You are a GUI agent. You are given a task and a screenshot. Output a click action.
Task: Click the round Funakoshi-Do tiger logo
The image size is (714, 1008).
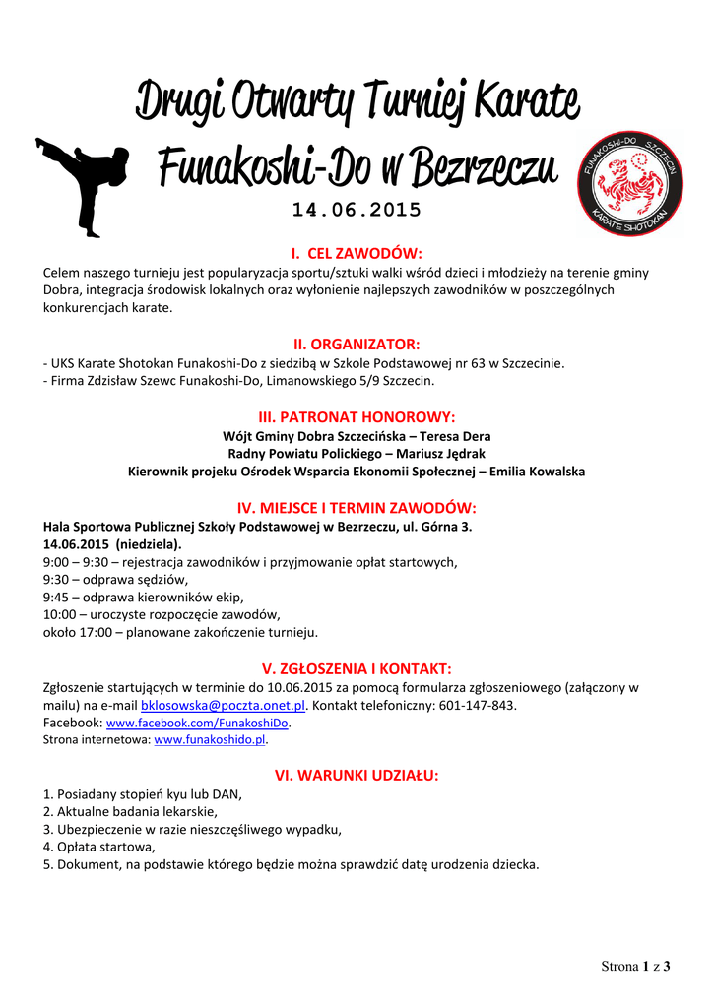[626, 182]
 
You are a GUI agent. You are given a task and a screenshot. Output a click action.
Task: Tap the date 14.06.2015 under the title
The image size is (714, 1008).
[357, 210]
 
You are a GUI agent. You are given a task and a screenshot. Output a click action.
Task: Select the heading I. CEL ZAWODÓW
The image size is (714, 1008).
[357, 253]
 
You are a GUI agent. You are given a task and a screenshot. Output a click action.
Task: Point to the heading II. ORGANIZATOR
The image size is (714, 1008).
[357, 344]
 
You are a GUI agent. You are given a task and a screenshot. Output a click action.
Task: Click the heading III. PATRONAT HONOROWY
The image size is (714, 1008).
[357, 416]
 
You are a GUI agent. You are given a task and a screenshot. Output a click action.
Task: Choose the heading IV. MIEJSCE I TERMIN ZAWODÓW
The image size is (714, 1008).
[357, 508]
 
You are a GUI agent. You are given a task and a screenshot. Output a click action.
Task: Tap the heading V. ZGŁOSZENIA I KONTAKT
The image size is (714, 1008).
[357, 668]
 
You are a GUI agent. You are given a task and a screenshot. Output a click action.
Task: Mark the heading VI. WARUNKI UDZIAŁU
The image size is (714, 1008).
[357, 776]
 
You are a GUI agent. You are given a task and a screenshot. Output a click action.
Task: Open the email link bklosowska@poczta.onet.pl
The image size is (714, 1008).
[224, 706]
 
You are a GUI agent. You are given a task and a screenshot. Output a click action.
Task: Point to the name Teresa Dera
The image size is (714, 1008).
[453, 436]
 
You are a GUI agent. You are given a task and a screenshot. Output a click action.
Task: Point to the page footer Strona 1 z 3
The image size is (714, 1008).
[635, 966]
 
